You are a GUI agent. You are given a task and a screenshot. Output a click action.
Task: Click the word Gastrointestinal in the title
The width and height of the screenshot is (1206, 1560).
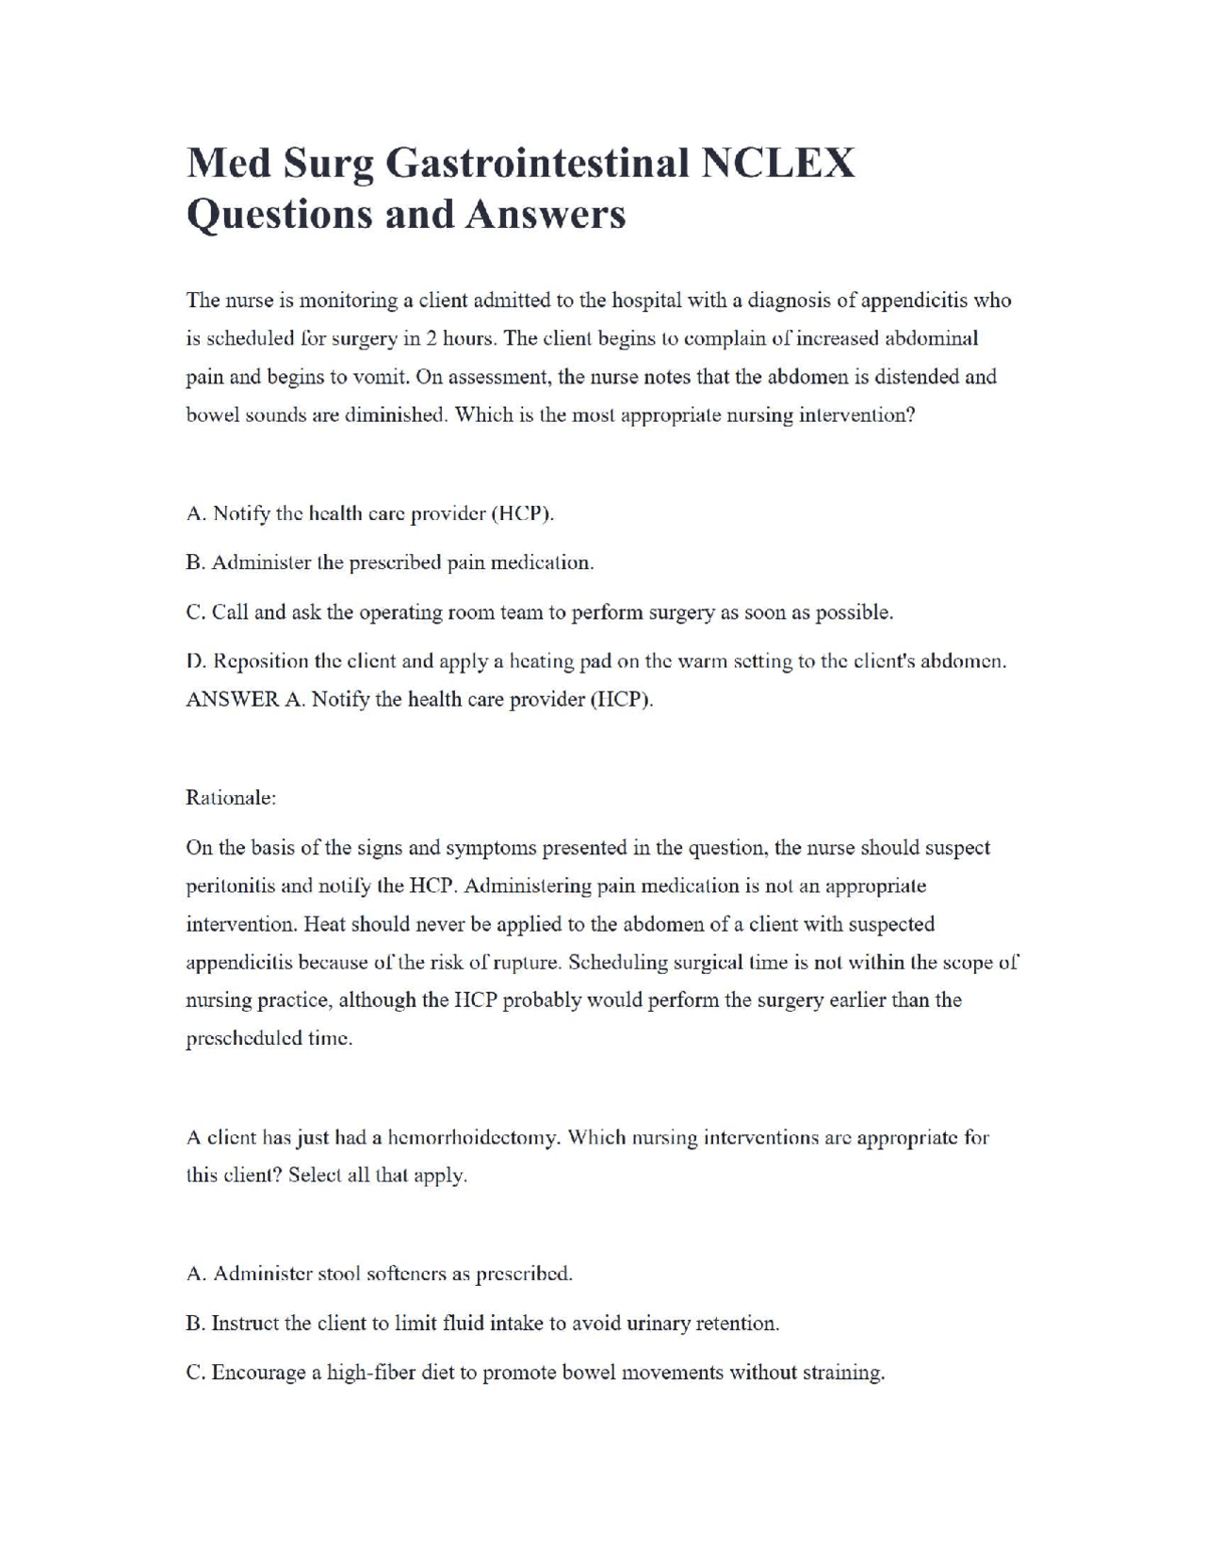(538, 164)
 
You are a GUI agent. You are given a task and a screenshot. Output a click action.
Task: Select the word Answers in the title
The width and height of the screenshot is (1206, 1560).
(545, 214)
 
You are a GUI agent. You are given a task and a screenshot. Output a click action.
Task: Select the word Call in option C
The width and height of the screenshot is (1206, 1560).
(230, 612)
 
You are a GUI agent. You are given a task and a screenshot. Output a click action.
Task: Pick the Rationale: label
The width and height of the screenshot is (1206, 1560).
(231, 798)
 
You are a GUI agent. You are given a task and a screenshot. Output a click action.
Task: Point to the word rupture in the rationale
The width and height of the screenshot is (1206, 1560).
(530, 963)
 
